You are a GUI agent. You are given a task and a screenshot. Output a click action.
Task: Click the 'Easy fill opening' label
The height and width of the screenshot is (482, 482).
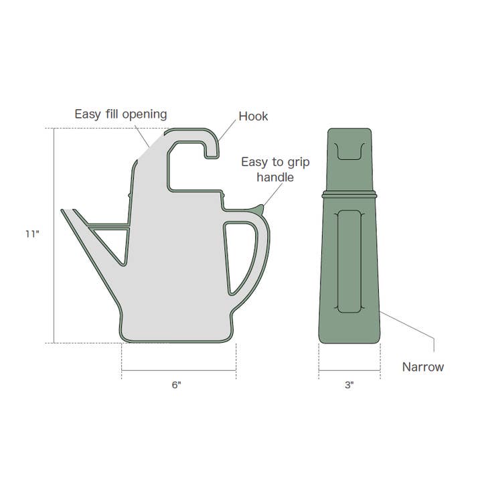120,114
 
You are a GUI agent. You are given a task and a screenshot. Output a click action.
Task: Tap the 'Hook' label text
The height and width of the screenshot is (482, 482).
253,116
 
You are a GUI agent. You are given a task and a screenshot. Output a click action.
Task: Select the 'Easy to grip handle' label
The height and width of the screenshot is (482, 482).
267,169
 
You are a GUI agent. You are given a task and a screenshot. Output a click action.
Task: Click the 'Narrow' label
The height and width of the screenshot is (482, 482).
422,367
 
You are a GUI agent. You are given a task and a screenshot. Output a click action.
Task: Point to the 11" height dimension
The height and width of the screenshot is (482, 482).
31,234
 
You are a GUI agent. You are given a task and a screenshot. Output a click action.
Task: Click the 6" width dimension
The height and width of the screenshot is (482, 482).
176,385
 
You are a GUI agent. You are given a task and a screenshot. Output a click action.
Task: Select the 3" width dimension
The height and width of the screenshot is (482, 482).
349,385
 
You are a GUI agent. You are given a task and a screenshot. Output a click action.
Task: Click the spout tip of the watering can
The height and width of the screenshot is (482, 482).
64,212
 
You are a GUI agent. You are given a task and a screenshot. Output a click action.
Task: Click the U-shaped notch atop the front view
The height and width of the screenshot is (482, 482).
349,151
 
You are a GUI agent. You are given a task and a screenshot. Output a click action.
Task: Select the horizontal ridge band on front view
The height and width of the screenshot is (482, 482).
349,195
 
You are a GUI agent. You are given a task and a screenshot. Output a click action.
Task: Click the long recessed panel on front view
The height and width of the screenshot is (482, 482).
349,260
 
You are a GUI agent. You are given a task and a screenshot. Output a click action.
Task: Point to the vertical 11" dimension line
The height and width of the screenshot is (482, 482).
54,234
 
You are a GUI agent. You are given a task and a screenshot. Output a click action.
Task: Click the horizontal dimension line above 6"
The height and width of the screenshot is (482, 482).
178,370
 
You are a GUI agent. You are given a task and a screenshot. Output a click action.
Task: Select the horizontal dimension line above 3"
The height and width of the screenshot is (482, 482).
349,370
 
